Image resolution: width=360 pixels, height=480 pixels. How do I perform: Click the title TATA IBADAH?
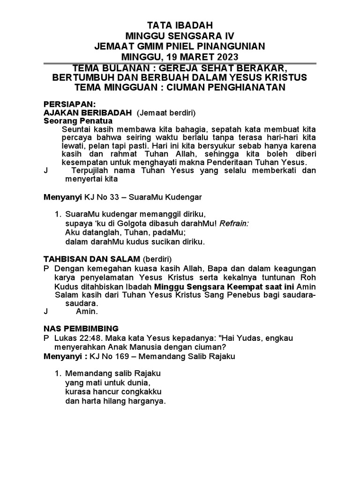click(x=180, y=25)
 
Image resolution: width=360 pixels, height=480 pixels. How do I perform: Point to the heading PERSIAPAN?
click(x=69, y=104)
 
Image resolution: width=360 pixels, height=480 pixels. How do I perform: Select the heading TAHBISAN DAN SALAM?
click(x=92, y=259)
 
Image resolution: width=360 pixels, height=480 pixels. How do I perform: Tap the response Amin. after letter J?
click(x=87, y=311)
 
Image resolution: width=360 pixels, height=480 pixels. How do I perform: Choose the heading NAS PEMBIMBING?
click(x=81, y=329)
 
